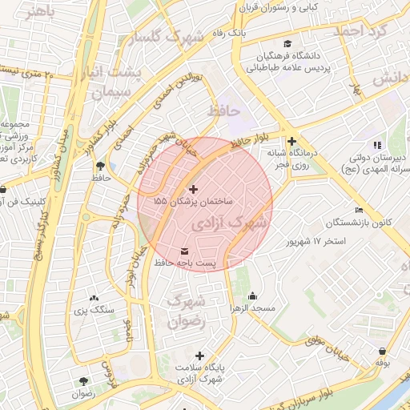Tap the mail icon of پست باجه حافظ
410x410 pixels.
tap(187, 251)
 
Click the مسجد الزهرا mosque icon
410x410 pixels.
tap(254, 295)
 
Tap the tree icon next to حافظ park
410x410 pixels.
tap(100, 167)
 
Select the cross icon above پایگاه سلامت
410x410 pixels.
tap(199, 355)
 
